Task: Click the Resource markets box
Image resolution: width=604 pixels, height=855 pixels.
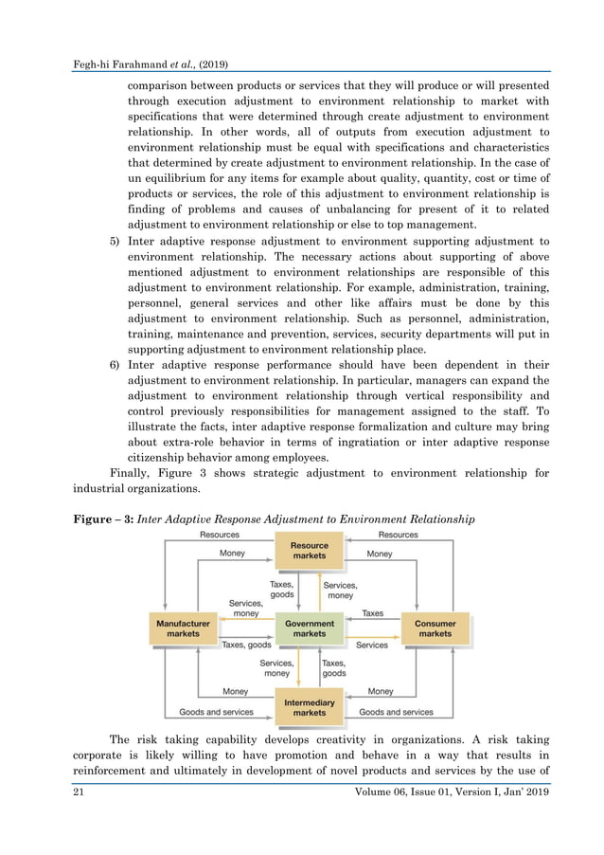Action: [310, 551]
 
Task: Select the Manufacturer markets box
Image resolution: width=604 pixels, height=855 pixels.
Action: [183, 628]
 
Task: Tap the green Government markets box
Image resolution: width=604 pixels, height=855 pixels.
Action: [310, 628]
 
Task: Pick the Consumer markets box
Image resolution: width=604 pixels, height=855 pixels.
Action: [435, 628]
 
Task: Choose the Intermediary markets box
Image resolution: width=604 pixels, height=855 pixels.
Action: [310, 706]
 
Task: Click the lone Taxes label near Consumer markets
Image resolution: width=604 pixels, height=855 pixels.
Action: [373, 613]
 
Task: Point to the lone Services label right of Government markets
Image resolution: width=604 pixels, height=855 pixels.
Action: [372, 645]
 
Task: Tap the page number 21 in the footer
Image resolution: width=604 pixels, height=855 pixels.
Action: [80, 792]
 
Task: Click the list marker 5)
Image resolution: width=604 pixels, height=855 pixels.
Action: [113, 242]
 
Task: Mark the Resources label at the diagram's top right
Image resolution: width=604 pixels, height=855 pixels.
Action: [398, 535]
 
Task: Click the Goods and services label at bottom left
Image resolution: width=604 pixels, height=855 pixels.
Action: [216, 712]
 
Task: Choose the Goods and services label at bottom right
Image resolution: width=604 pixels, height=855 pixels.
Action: [396, 712]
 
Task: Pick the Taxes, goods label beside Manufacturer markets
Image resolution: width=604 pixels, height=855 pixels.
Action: [247, 645]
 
